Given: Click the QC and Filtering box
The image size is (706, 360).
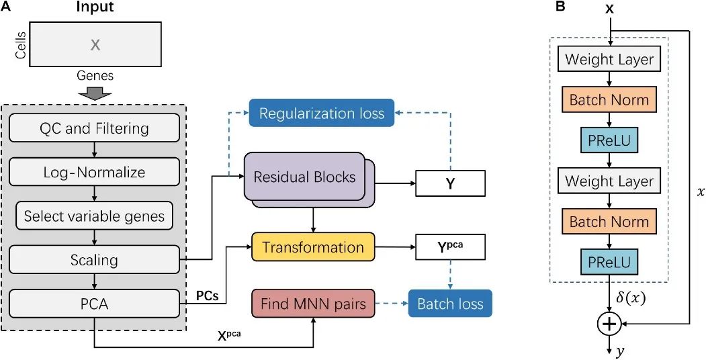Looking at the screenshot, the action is pos(94,129).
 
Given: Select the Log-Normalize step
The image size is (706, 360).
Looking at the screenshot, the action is pos(94,173).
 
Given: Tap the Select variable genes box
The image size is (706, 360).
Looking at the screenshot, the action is pos(94,216).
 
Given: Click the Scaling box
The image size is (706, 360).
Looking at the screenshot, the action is pos(94,260).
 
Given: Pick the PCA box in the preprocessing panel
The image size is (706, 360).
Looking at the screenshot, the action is pos(94,305).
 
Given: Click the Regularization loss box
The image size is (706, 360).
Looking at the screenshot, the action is pos(322,113).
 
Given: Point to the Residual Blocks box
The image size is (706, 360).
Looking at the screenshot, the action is pos(304,177).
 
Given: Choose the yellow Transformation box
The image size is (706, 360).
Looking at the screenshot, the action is pos(313,247).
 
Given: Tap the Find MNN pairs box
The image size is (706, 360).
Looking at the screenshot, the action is pos(313,304).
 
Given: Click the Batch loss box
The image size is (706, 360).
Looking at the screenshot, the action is pos(450,304).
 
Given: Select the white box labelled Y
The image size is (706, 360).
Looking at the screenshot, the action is pos(450,183).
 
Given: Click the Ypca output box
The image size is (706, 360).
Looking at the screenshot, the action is pos(450,247).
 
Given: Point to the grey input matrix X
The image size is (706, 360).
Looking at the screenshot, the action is pos(95,44).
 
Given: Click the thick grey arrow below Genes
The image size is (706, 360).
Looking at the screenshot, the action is pos(95,93).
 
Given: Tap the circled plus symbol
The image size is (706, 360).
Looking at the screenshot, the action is pos(609,324).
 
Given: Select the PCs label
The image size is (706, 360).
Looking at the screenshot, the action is pos(207,296).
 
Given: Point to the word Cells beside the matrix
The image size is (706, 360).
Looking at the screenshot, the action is pos(20,44).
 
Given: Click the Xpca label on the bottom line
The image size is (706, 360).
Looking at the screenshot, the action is pos(228,334).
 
